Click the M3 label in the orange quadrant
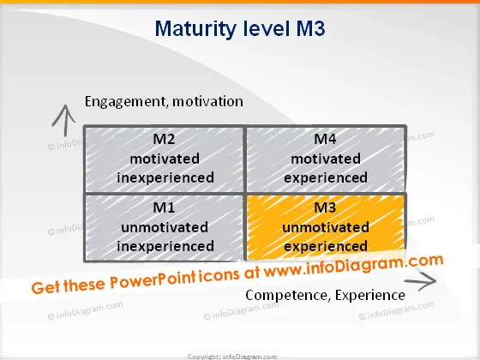click(x=325, y=207)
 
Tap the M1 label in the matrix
click(x=164, y=207)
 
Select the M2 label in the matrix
click(x=164, y=139)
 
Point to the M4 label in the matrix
click(x=325, y=139)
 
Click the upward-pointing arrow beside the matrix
click(x=64, y=121)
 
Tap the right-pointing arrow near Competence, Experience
click(x=421, y=281)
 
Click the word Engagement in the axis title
click(x=126, y=102)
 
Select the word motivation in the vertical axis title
click(x=207, y=101)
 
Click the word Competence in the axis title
click(x=288, y=295)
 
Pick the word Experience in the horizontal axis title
click(x=370, y=296)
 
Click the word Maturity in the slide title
click(x=195, y=29)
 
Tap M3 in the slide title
click(x=310, y=28)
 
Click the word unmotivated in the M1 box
click(x=165, y=227)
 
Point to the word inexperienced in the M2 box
click(x=165, y=178)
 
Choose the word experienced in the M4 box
click(x=326, y=178)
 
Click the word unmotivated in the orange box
click(x=326, y=227)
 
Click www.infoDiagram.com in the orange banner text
click(x=353, y=266)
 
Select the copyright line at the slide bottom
click(x=232, y=357)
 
